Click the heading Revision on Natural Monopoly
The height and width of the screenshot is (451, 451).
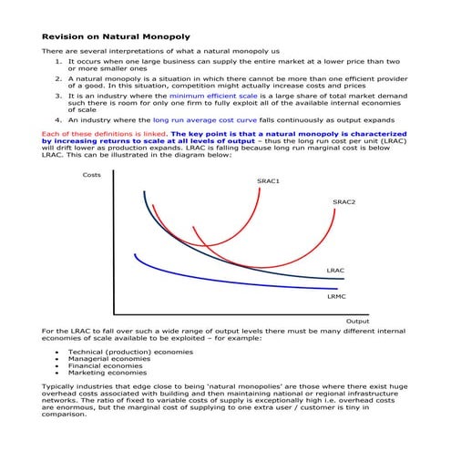pos(117,36)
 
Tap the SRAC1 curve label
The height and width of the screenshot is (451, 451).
pos(268,181)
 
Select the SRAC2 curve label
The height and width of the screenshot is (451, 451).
pos(343,201)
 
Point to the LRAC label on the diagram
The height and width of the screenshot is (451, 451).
pos(335,272)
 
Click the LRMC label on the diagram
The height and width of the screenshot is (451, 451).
pos(336,296)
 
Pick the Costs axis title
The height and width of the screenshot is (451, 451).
pos(92,174)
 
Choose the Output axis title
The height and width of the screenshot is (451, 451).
pos(357,321)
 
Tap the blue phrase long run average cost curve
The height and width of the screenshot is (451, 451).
pos(206,119)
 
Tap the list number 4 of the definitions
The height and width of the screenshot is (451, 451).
pos(58,119)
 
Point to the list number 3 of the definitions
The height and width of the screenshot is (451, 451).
pos(58,95)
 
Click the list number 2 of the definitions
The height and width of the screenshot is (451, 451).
pos(58,78)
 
